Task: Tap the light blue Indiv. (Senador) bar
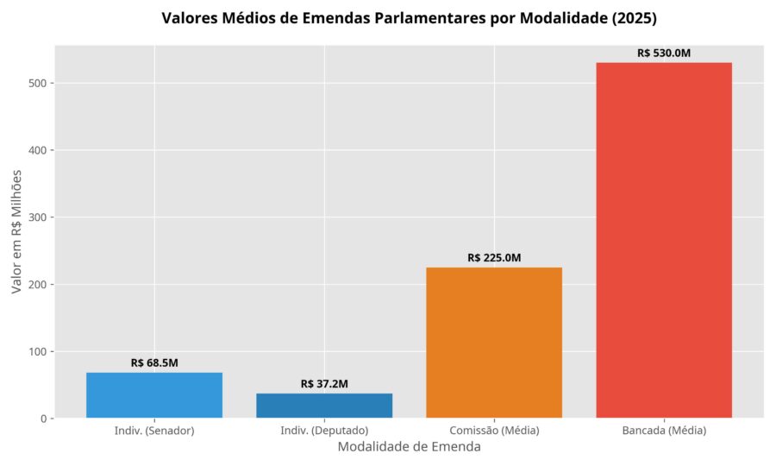tap(154, 395)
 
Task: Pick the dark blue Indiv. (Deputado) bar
tap(324, 406)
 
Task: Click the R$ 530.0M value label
tap(664, 54)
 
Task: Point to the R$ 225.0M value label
tap(494, 258)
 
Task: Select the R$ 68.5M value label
tap(154, 363)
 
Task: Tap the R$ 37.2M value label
tap(324, 384)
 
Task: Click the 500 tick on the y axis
tap(36, 83)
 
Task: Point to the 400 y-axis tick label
tap(36, 150)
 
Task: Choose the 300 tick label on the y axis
tap(36, 217)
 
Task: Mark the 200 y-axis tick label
tap(36, 285)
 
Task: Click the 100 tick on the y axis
tap(36, 351)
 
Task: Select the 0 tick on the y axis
tap(43, 419)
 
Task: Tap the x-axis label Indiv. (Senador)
tap(154, 431)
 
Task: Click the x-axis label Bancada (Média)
tap(664, 431)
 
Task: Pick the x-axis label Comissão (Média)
tap(494, 431)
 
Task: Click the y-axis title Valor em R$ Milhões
tap(16, 232)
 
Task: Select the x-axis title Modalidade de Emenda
tap(409, 447)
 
